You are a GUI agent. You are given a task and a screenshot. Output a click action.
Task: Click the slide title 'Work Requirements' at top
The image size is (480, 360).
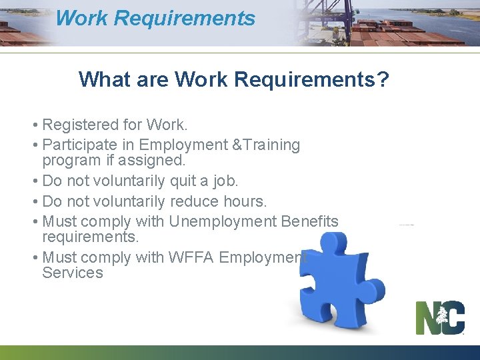[155, 18]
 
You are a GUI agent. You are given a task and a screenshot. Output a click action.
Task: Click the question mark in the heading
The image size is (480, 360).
[382, 79]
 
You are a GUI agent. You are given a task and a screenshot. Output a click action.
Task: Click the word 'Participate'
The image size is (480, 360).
[80, 145]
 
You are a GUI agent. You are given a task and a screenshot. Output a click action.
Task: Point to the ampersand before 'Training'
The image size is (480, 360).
[237, 145]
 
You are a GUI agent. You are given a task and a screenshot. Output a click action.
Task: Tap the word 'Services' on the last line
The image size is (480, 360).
[73, 273]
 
